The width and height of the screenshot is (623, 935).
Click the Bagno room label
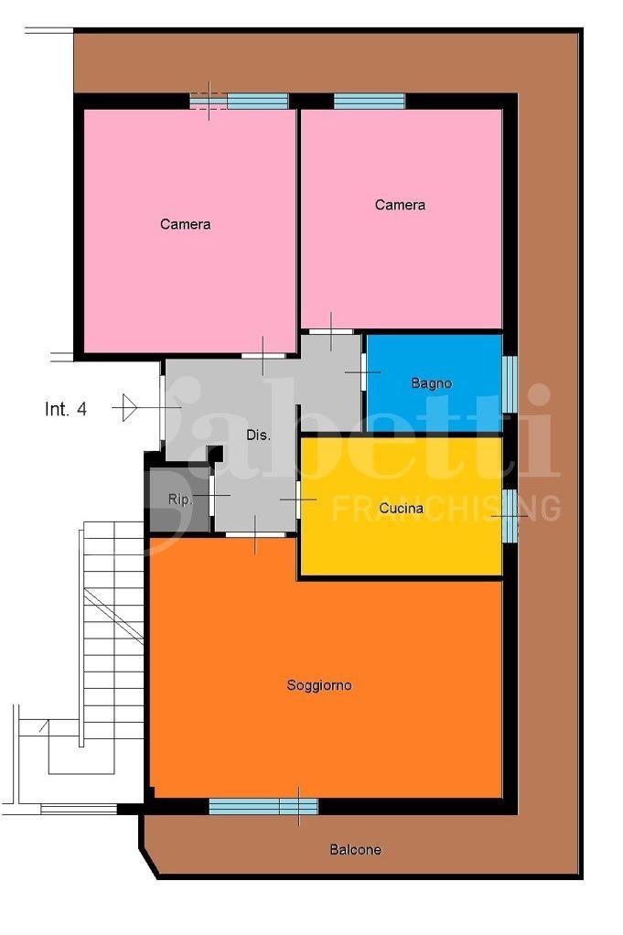431,383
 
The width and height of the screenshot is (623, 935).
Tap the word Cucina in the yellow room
402,509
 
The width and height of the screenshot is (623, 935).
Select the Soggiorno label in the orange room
319,685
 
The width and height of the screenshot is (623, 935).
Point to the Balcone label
355,849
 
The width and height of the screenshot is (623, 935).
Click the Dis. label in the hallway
258,435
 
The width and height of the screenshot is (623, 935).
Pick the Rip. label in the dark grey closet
180,500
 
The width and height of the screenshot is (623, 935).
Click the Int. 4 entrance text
66,409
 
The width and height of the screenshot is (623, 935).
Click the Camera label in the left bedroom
186,224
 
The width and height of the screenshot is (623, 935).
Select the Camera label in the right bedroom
400,205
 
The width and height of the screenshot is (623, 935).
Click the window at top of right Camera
369,102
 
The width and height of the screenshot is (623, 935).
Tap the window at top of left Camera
239,102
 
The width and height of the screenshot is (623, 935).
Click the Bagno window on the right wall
510,384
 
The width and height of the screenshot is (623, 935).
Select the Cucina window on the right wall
510,515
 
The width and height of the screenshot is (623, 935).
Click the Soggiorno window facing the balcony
263,807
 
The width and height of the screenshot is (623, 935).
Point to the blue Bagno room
434,382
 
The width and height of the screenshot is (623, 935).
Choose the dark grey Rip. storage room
179,500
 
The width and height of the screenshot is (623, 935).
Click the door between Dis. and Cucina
297,500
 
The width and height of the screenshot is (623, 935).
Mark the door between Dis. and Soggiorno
255,535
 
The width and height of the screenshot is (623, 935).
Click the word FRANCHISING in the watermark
446,508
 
